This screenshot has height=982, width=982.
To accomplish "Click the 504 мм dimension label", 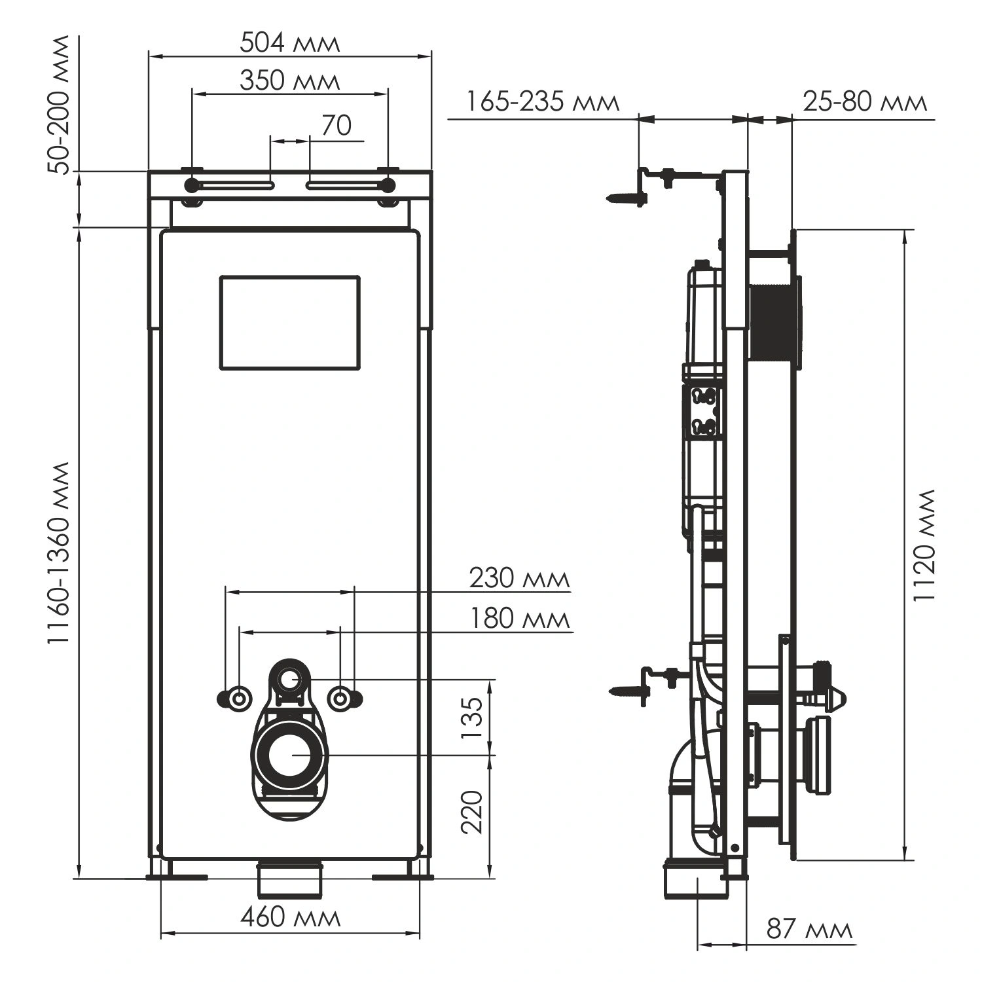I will pos(289,43).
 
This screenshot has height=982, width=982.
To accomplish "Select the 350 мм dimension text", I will pos(289,81).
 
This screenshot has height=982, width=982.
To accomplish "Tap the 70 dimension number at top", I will pos(336,126).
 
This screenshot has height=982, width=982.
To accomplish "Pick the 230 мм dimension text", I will pos(518,579).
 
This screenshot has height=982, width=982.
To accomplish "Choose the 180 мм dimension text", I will pos(518,619).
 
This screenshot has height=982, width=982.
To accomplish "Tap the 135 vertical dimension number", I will pos(472,718).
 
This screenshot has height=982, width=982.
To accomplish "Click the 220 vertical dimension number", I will pos(472,812).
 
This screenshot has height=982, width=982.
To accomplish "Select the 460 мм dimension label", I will pos(290,917).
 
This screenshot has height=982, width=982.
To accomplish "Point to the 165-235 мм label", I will pos(542,103).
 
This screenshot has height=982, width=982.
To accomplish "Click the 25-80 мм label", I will pos(864,103).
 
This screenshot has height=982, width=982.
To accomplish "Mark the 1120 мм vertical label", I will pos(926,545).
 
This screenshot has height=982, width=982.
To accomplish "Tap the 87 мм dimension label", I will pos(809,930).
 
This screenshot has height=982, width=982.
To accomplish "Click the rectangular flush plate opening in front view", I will pos(289,322).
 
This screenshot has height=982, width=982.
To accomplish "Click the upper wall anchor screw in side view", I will pos(625,197).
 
